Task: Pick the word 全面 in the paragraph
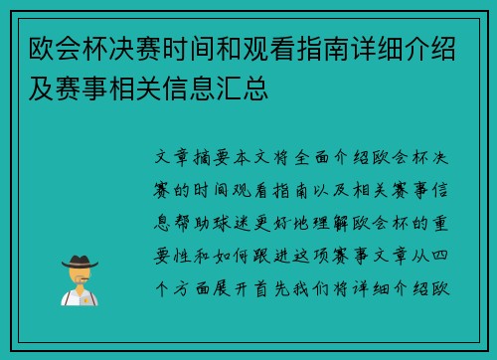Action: tap(353, 160)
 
